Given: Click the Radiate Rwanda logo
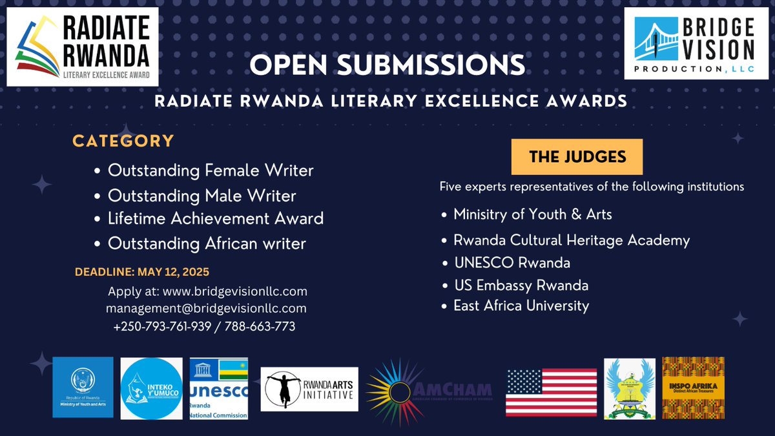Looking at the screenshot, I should tap(82, 47).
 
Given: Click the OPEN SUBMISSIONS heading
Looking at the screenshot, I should tap(387, 65).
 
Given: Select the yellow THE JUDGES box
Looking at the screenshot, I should tap(577, 156).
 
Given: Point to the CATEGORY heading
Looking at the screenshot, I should tap(123, 141).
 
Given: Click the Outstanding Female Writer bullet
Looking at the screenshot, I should tap(210, 171).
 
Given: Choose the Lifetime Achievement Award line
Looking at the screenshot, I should tap(215, 218).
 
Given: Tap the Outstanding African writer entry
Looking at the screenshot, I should tap(207, 244).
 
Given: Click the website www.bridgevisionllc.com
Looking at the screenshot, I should tap(234, 291).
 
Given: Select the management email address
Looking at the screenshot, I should tap(206, 308).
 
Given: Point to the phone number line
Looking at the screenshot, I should tap(204, 326).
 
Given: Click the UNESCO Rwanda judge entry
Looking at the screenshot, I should tap(512, 263).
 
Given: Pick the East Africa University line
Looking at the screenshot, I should tap(521, 305).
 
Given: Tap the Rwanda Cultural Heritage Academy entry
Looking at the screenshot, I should tap(571, 240).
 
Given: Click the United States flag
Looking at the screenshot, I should tap(551, 391).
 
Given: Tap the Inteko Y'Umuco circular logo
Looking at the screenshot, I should tap(151, 389).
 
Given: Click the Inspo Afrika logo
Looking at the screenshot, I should tap(693, 388).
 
